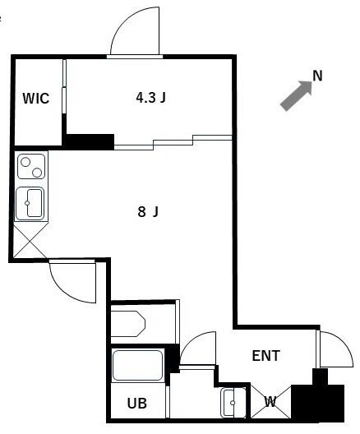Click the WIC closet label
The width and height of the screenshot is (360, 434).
point(36,99)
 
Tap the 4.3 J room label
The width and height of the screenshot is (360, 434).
point(151,98)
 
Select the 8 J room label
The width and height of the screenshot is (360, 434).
point(148,212)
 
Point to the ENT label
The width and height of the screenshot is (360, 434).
point(265,356)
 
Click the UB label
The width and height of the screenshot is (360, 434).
point(136,404)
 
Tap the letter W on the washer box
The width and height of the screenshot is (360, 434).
point(270,403)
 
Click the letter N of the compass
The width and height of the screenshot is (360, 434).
point(317,76)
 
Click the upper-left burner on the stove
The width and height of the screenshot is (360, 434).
point(25,161)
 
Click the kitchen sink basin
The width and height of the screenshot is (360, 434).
point(33,202)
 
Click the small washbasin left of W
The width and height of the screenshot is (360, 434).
point(232,402)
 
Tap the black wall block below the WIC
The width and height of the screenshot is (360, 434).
point(89,141)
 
